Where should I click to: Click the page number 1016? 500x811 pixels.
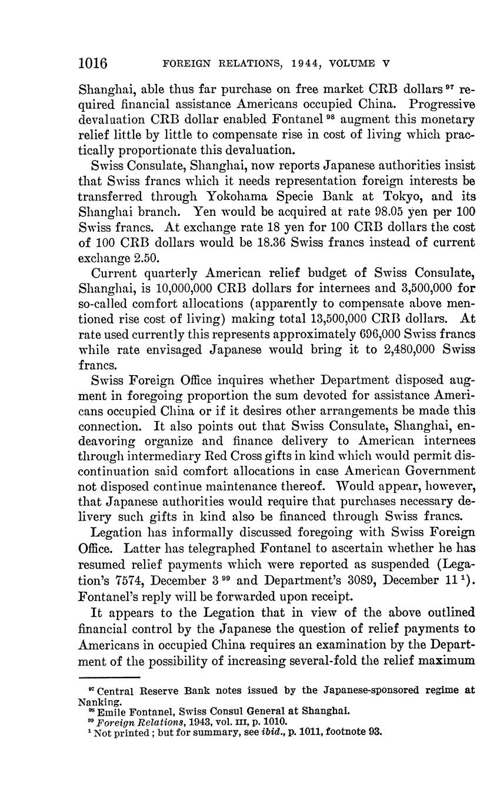92,62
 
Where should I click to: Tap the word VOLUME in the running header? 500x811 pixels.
359,63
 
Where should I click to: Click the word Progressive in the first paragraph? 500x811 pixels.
442,105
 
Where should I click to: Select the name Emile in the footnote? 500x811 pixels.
111,712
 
